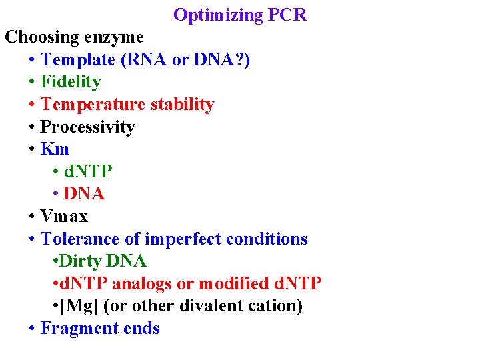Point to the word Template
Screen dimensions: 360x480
tap(78, 59)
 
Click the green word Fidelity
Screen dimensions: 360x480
tap(71, 82)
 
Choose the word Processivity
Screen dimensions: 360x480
tap(87, 127)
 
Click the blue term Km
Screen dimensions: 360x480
tap(55, 149)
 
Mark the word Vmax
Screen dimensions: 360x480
tap(64, 217)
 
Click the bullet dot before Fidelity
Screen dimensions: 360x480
tap(32, 83)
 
